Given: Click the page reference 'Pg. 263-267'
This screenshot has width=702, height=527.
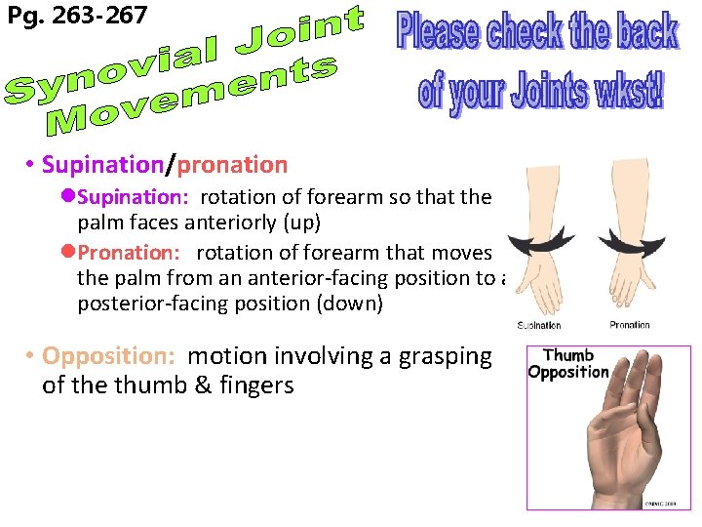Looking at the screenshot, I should (77, 16).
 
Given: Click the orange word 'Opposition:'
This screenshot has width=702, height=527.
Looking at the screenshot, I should (109, 356).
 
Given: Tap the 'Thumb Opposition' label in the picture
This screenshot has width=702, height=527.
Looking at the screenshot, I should (568, 363).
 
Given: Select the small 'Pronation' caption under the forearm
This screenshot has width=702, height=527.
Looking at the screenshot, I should (629, 325).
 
